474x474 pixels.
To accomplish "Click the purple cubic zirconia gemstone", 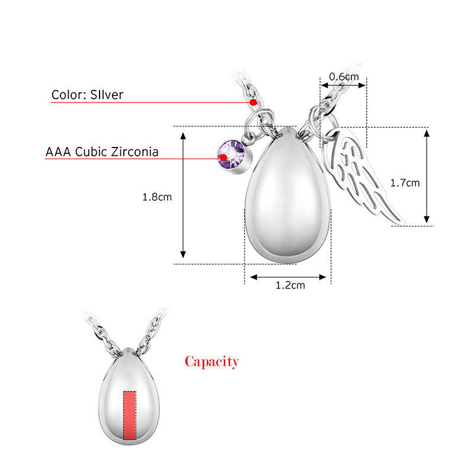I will tap(232, 156).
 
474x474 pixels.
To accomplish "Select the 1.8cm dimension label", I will tap(157, 197).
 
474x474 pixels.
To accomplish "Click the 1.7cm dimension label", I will tap(405, 182).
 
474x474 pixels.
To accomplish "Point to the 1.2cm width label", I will tap(290, 286).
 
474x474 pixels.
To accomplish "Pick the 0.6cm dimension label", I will tap(344, 76).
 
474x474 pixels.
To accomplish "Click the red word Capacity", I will tap(212, 361).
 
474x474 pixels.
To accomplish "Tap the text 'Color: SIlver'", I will tap(87, 95).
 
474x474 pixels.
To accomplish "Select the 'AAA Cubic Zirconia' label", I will tap(102, 152).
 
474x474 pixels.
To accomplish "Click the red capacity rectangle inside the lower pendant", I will tap(129, 415).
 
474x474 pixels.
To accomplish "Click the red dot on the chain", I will tap(253, 103).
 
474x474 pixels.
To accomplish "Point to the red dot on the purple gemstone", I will tap(223, 158).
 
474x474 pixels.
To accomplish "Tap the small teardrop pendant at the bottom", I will tap(129, 394).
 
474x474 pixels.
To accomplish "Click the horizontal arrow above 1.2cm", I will tap(288, 276).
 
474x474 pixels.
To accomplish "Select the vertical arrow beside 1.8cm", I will tap(184, 195).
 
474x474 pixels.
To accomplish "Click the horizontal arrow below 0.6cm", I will tap(344, 85).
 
